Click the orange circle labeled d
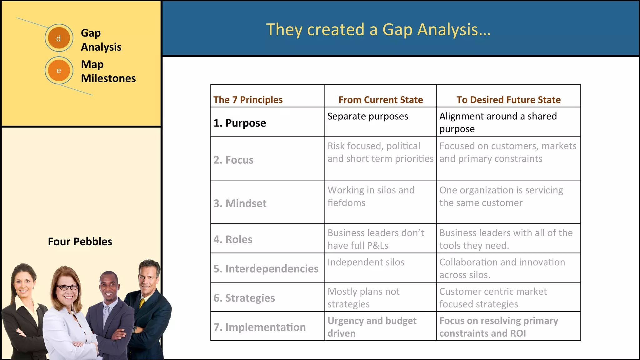click(59, 38)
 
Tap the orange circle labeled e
click(59, 70)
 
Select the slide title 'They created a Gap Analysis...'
click(378, 30)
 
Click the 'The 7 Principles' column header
click(248, 100)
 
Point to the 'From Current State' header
click(380, 100)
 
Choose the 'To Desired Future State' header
click(508, 100)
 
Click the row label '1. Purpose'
click(240, 123)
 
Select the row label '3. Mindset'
click(240, 203)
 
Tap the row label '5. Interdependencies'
click(266, 269)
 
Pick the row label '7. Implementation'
click(259, 327)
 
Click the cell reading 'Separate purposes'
click(367, 116)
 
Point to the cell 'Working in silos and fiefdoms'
click(371, 196)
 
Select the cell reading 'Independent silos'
click(366, 262)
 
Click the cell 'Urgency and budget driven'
click(372, 327)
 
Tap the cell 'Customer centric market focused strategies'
click(493, 298)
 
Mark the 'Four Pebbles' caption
click(80, 242)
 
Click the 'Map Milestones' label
click(108, 71)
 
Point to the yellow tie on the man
click(142, 303)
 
